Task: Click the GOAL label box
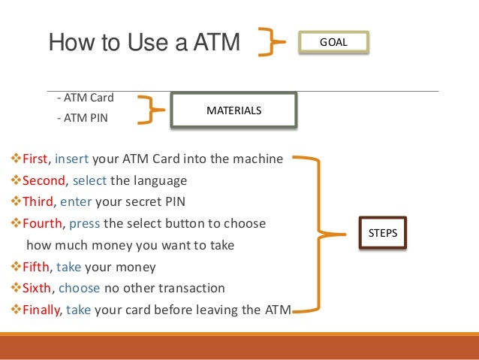[x=334, y=43]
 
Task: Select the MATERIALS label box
[x=233, y=110]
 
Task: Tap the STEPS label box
[x=383, y=234]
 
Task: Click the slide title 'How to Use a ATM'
[x=143, y=43]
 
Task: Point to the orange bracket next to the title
[x=271, y=42]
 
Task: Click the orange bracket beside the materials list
[x=155, y=110]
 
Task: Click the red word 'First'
[x=35, y=159]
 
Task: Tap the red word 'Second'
[x=44, y=181]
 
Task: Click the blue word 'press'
[x=86, y=224]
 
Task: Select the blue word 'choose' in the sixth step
[x=80, y=288]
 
